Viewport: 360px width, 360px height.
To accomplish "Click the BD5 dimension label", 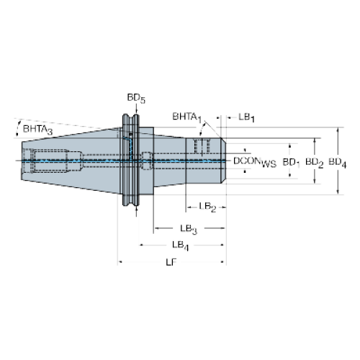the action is click(136, 99).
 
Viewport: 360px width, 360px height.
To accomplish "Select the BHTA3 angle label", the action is click(37, 130).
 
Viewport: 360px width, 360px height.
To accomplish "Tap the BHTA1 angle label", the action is click(187, 117).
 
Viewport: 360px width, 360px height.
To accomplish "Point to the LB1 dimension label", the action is click(246, 117).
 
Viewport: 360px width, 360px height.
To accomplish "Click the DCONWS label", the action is click(255, 162).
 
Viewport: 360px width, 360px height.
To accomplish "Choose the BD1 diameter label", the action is click(292, 163).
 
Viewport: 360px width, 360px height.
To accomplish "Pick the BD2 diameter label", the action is click(315, 163).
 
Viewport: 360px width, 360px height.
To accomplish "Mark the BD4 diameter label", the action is click(338, 163).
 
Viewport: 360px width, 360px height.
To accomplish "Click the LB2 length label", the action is click(207, 207).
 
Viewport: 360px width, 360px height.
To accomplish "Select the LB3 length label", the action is click(189, 229).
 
